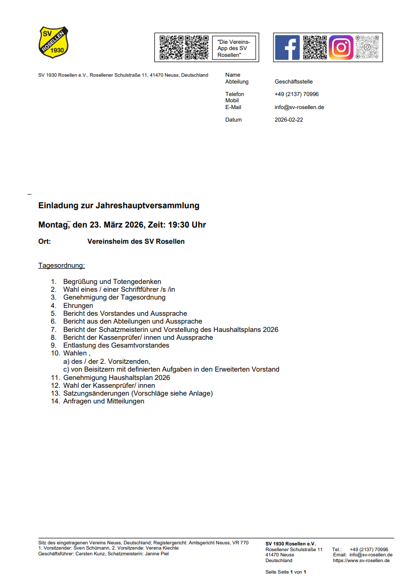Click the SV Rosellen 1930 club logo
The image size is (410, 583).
pos(54,42)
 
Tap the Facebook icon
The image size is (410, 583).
pos(287,47)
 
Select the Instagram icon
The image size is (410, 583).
pos(341,47)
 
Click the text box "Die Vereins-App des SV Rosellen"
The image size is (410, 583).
pos(234,48)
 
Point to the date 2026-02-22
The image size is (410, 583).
pos(288,120)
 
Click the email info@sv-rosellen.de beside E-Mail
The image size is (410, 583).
pos(299,107)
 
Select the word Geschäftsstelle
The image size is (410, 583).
pos(293,81)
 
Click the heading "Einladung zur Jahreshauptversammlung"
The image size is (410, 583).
pos(119,206)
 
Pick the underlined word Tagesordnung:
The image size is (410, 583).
pos(62,266)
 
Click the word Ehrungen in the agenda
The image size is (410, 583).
pos(78,305)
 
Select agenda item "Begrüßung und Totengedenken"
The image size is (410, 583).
pos(112,281)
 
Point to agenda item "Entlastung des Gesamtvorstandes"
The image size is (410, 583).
pos(116,345)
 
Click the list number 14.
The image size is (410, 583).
pos(55,401)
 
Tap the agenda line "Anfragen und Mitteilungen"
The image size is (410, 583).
pos(104,401)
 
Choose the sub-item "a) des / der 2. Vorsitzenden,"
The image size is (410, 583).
pos(106,361)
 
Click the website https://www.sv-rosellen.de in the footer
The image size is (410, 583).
pos(361,561)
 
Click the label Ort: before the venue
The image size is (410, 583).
pos(45,242)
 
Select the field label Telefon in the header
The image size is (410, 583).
pos(234,94)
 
